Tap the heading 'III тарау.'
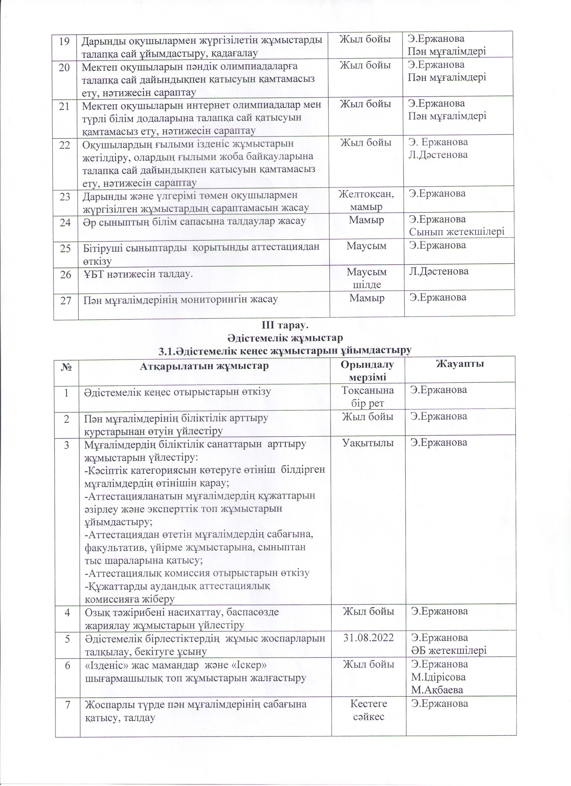(285, 326)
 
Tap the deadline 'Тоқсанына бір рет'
(368, 396)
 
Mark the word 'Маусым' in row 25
(367, 246)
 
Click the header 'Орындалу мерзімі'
(367, 370)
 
